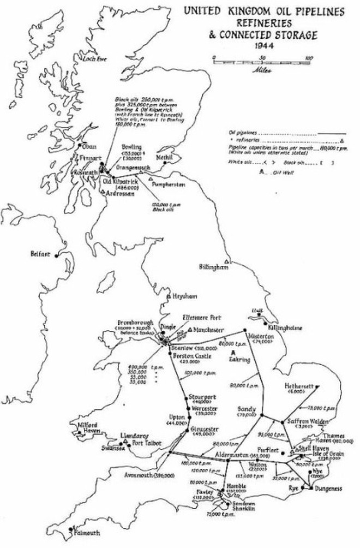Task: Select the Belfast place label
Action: (40, 254)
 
